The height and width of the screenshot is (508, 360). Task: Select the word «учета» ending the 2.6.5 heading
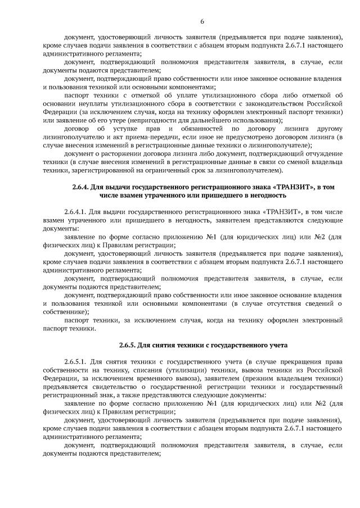(x=273, y=344)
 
